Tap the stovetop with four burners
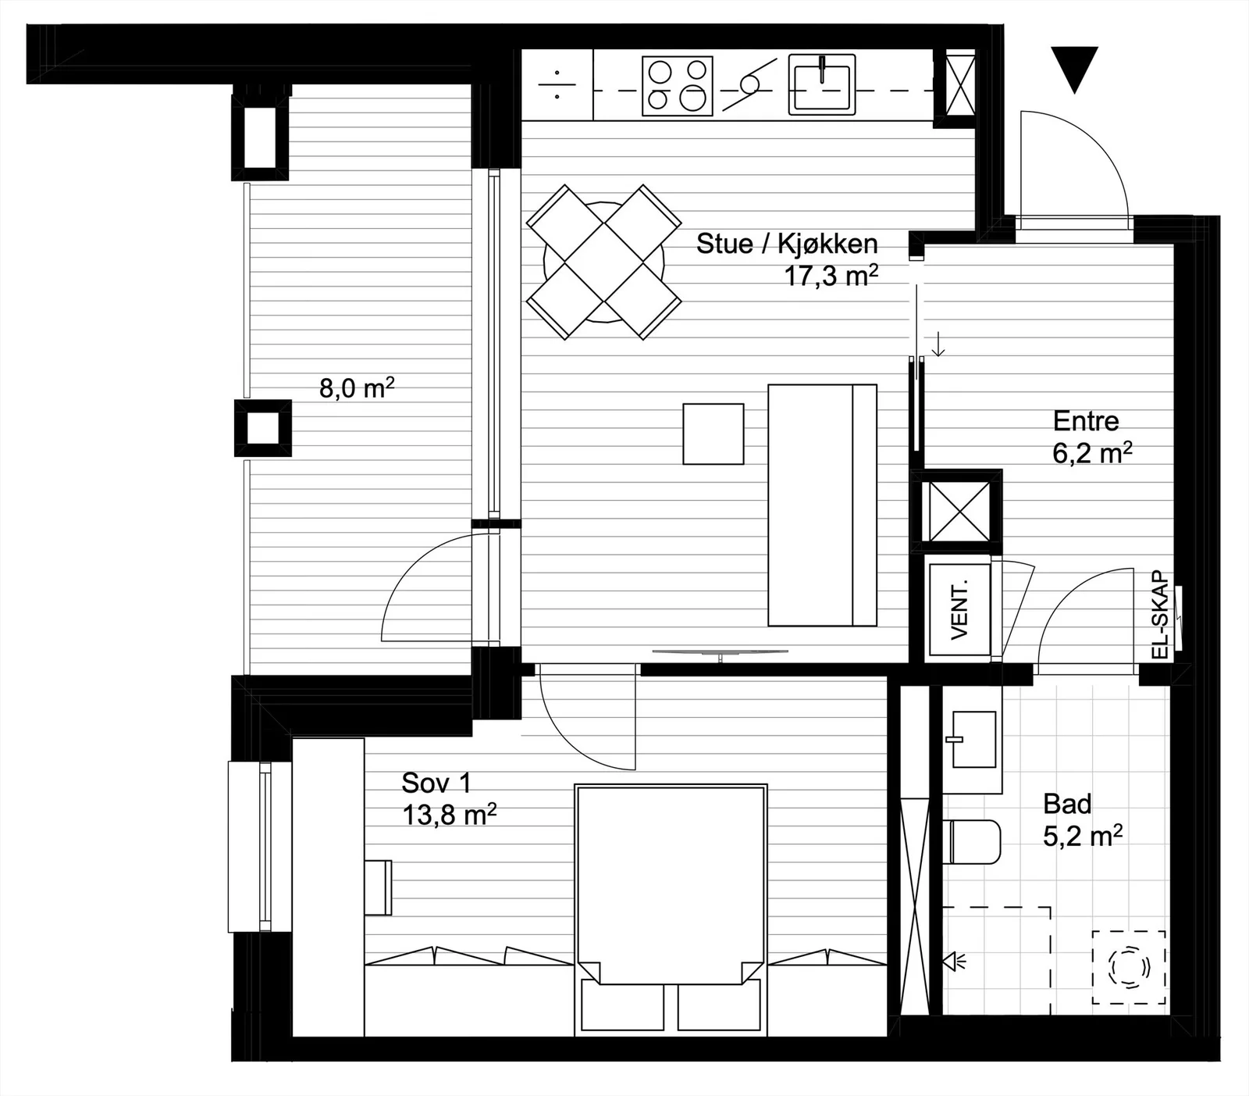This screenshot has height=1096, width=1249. pos(678,86)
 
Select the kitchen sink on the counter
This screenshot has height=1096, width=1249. pos(821,84)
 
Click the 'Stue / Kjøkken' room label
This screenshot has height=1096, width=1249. pos(787,244)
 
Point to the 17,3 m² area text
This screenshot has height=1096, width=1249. pos(831,275)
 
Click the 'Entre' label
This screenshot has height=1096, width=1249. pos(1086,422)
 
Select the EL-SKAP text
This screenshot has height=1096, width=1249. pos(1160,615)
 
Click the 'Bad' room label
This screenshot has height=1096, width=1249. pos(1067,804)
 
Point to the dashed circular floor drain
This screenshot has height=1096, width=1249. pos(1129,968)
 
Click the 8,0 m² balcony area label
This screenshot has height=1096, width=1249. pos(357,387)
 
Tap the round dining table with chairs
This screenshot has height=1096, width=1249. pos(603,262)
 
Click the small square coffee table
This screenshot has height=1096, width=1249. pos(713,434)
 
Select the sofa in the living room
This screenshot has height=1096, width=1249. pos(823,505)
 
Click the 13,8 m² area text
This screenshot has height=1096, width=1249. pos(450,816)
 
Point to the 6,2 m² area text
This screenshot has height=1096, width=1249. pos(1093,453)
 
